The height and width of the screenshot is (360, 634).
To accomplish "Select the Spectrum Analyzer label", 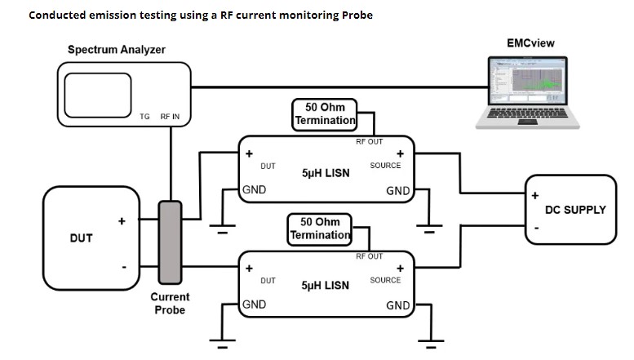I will coord(117,50).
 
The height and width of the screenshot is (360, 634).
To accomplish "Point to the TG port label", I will coord(144,117).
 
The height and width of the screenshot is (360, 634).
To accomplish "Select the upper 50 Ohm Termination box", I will coord(325,114).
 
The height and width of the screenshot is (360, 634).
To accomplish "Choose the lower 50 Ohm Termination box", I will coord(320,228).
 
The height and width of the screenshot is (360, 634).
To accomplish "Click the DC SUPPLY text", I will coord(575,210).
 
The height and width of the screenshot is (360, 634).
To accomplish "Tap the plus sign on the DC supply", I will coord(535,196).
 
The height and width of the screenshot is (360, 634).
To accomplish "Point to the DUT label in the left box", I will coord(81,238).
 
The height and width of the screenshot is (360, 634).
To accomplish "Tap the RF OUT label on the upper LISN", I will coord(369,142).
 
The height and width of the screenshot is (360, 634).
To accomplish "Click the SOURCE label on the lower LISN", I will coord(385,280).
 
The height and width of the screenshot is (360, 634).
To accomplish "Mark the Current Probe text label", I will coord(171,304).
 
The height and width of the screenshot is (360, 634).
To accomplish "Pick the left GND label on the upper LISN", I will coord(254,191).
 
